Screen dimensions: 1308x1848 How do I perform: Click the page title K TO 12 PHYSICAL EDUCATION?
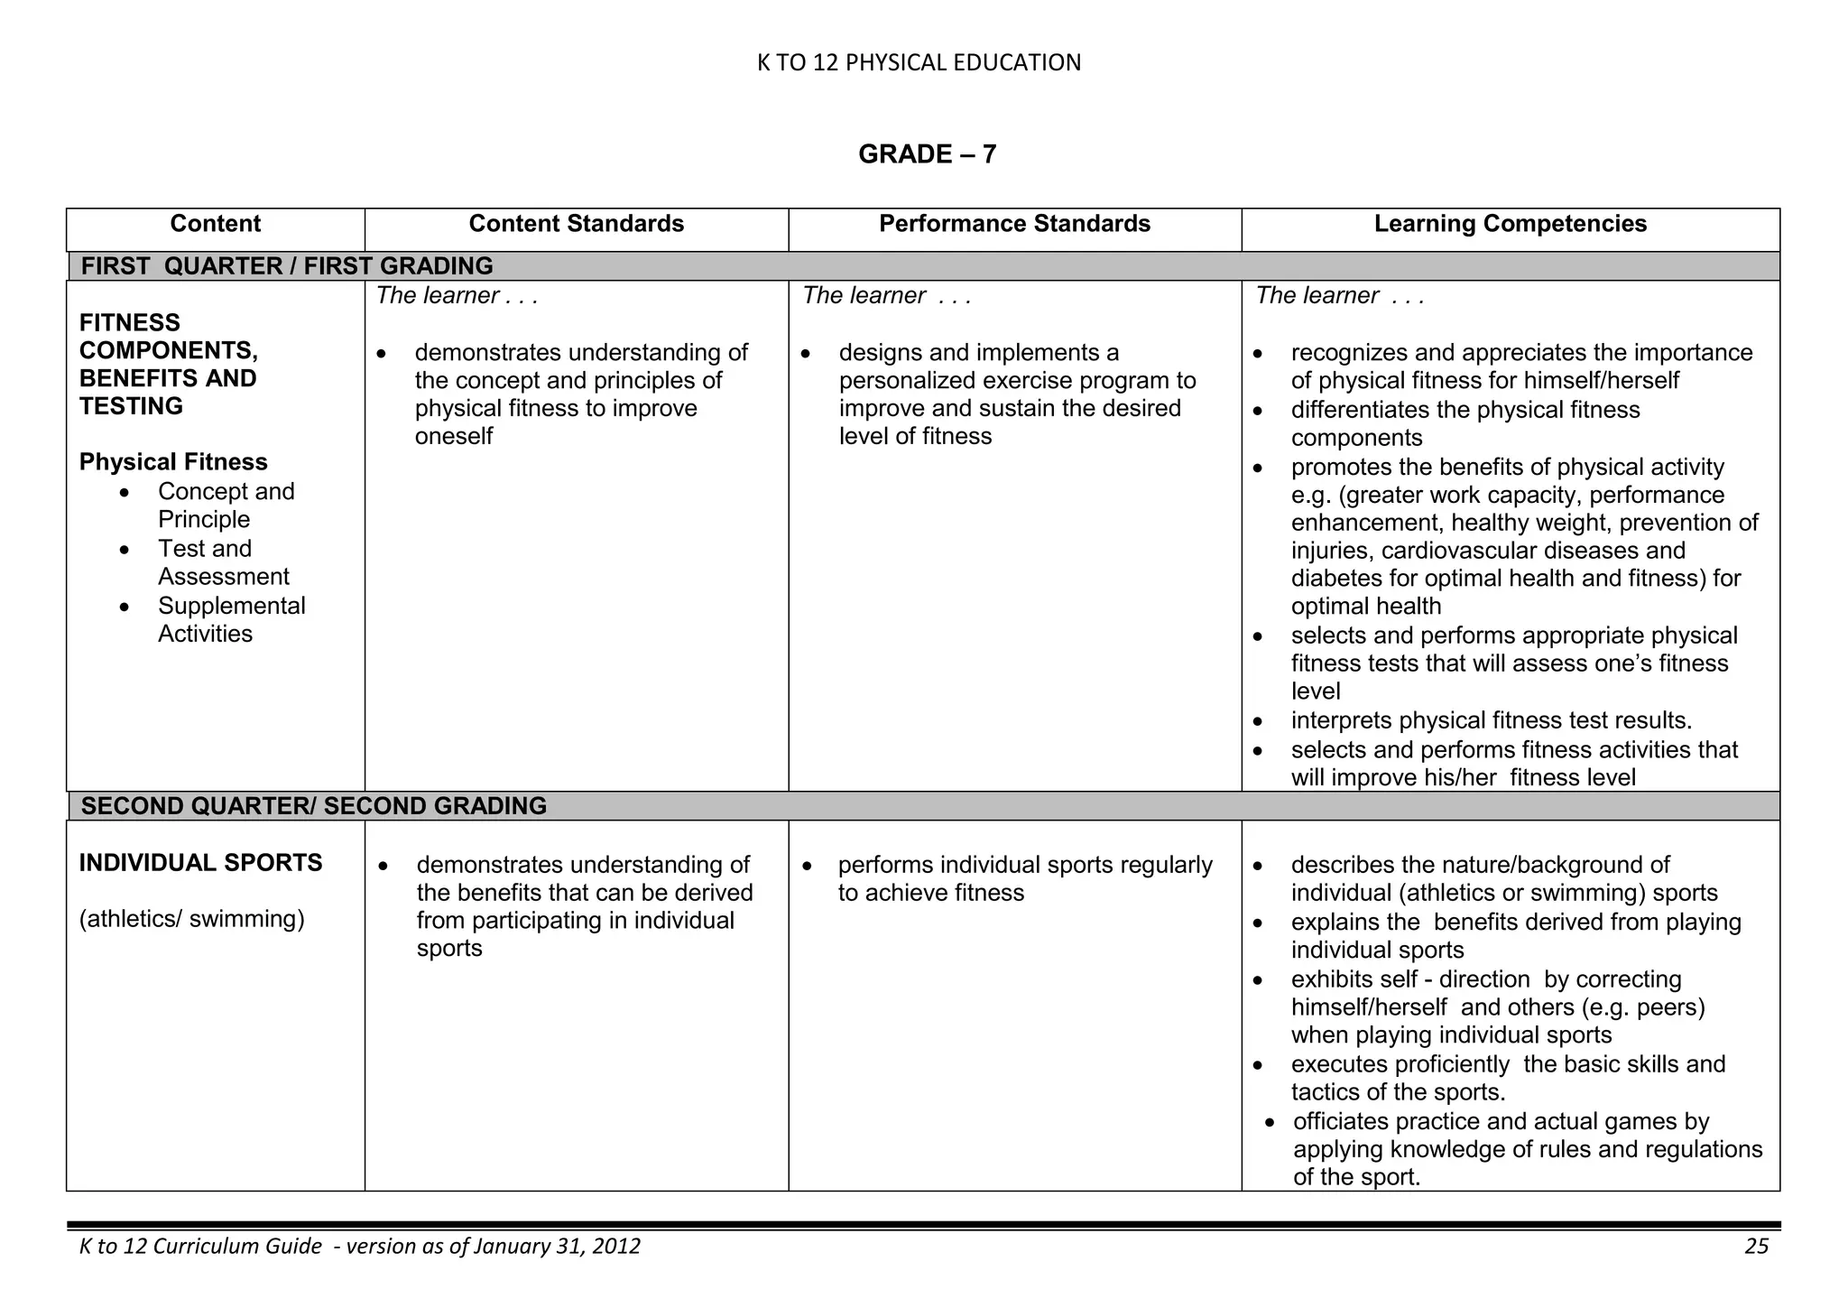tap(919, 62)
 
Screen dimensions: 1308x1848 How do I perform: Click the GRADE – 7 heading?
tap(927, 154)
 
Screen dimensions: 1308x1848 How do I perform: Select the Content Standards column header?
tap(576, 224)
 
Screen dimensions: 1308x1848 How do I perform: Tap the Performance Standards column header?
tap(1014, 224)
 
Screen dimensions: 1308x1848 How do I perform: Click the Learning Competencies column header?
tap(1510, 224)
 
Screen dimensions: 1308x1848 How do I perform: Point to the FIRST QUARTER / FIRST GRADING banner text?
tap(287, 266)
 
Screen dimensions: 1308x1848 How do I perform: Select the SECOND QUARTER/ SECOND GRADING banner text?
tap(314, 806)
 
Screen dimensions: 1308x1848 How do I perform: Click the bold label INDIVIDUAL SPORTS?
tap(200, 863)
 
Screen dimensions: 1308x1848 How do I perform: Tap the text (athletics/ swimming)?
tap(191, 919)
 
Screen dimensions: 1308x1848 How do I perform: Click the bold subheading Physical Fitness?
tap(173, 462)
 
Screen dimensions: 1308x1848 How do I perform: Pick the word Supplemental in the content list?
tap(232, 606)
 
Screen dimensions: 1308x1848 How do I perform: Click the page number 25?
tap(1756, 1247)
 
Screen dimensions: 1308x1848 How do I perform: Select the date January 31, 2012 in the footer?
tap(556, 1247)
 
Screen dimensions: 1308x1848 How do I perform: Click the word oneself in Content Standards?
tap(454, 437)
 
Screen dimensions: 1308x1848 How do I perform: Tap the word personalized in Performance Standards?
tap(914, 381)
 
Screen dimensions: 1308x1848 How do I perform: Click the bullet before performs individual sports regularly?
tap(807, 866)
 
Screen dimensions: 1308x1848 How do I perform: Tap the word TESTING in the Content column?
tap(131, 406)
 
